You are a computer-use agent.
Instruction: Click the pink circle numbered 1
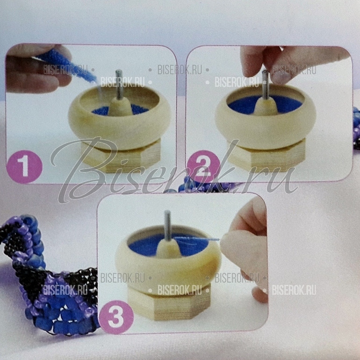25,166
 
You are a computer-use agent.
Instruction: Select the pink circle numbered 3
116,317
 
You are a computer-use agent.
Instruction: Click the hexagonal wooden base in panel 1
121,156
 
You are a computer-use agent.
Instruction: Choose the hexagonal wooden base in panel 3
169,303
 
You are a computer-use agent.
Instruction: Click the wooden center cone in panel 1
120,107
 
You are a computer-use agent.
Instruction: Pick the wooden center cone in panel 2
266,106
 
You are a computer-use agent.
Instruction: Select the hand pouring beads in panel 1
37,68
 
